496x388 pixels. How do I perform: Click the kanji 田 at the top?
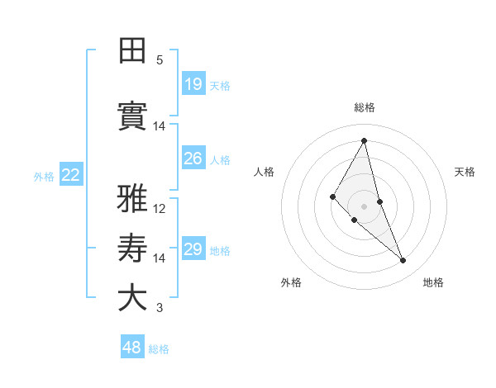pyautogui.click(x=132, y=51)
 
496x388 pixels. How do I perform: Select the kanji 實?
pyautogui.click(x=132, y=116)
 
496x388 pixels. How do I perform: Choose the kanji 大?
pyautogui.click(x=132, y=298)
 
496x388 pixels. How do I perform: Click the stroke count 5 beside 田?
pyautogui.click(x=160, y=60)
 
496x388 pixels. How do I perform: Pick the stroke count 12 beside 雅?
pyautogui.click(x=160, y=209)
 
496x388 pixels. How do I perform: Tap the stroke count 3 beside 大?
pyautogui.click(x=160, y=309)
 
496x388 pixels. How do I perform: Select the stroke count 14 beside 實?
pyautogui.click(x=160, y=126)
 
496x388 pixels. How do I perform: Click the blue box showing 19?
pyautogui.click(x=193, y=83)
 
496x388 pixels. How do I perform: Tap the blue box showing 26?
pyautogui.click(x=193, y=159)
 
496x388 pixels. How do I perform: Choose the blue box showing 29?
pyautogui.click(x=193, y=249)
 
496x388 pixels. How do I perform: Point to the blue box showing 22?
pyautogui.click(x=71, y=174)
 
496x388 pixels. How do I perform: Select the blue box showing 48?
pyautogui.click(x=132, y=348)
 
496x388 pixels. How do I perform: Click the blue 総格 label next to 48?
pyautogui.click(x=159, y=349)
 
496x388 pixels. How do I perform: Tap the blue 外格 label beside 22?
pyautogui.click(x=44, y=176)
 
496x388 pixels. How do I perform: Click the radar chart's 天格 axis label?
pyautogui.click(x=465, y=172)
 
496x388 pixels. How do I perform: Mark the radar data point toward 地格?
pyautogui.click(x=403, y=261)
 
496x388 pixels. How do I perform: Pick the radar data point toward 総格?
pyautogui.click(x=364, y=140)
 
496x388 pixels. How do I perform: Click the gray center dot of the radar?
pyautogui.click(x=364, y=206)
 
